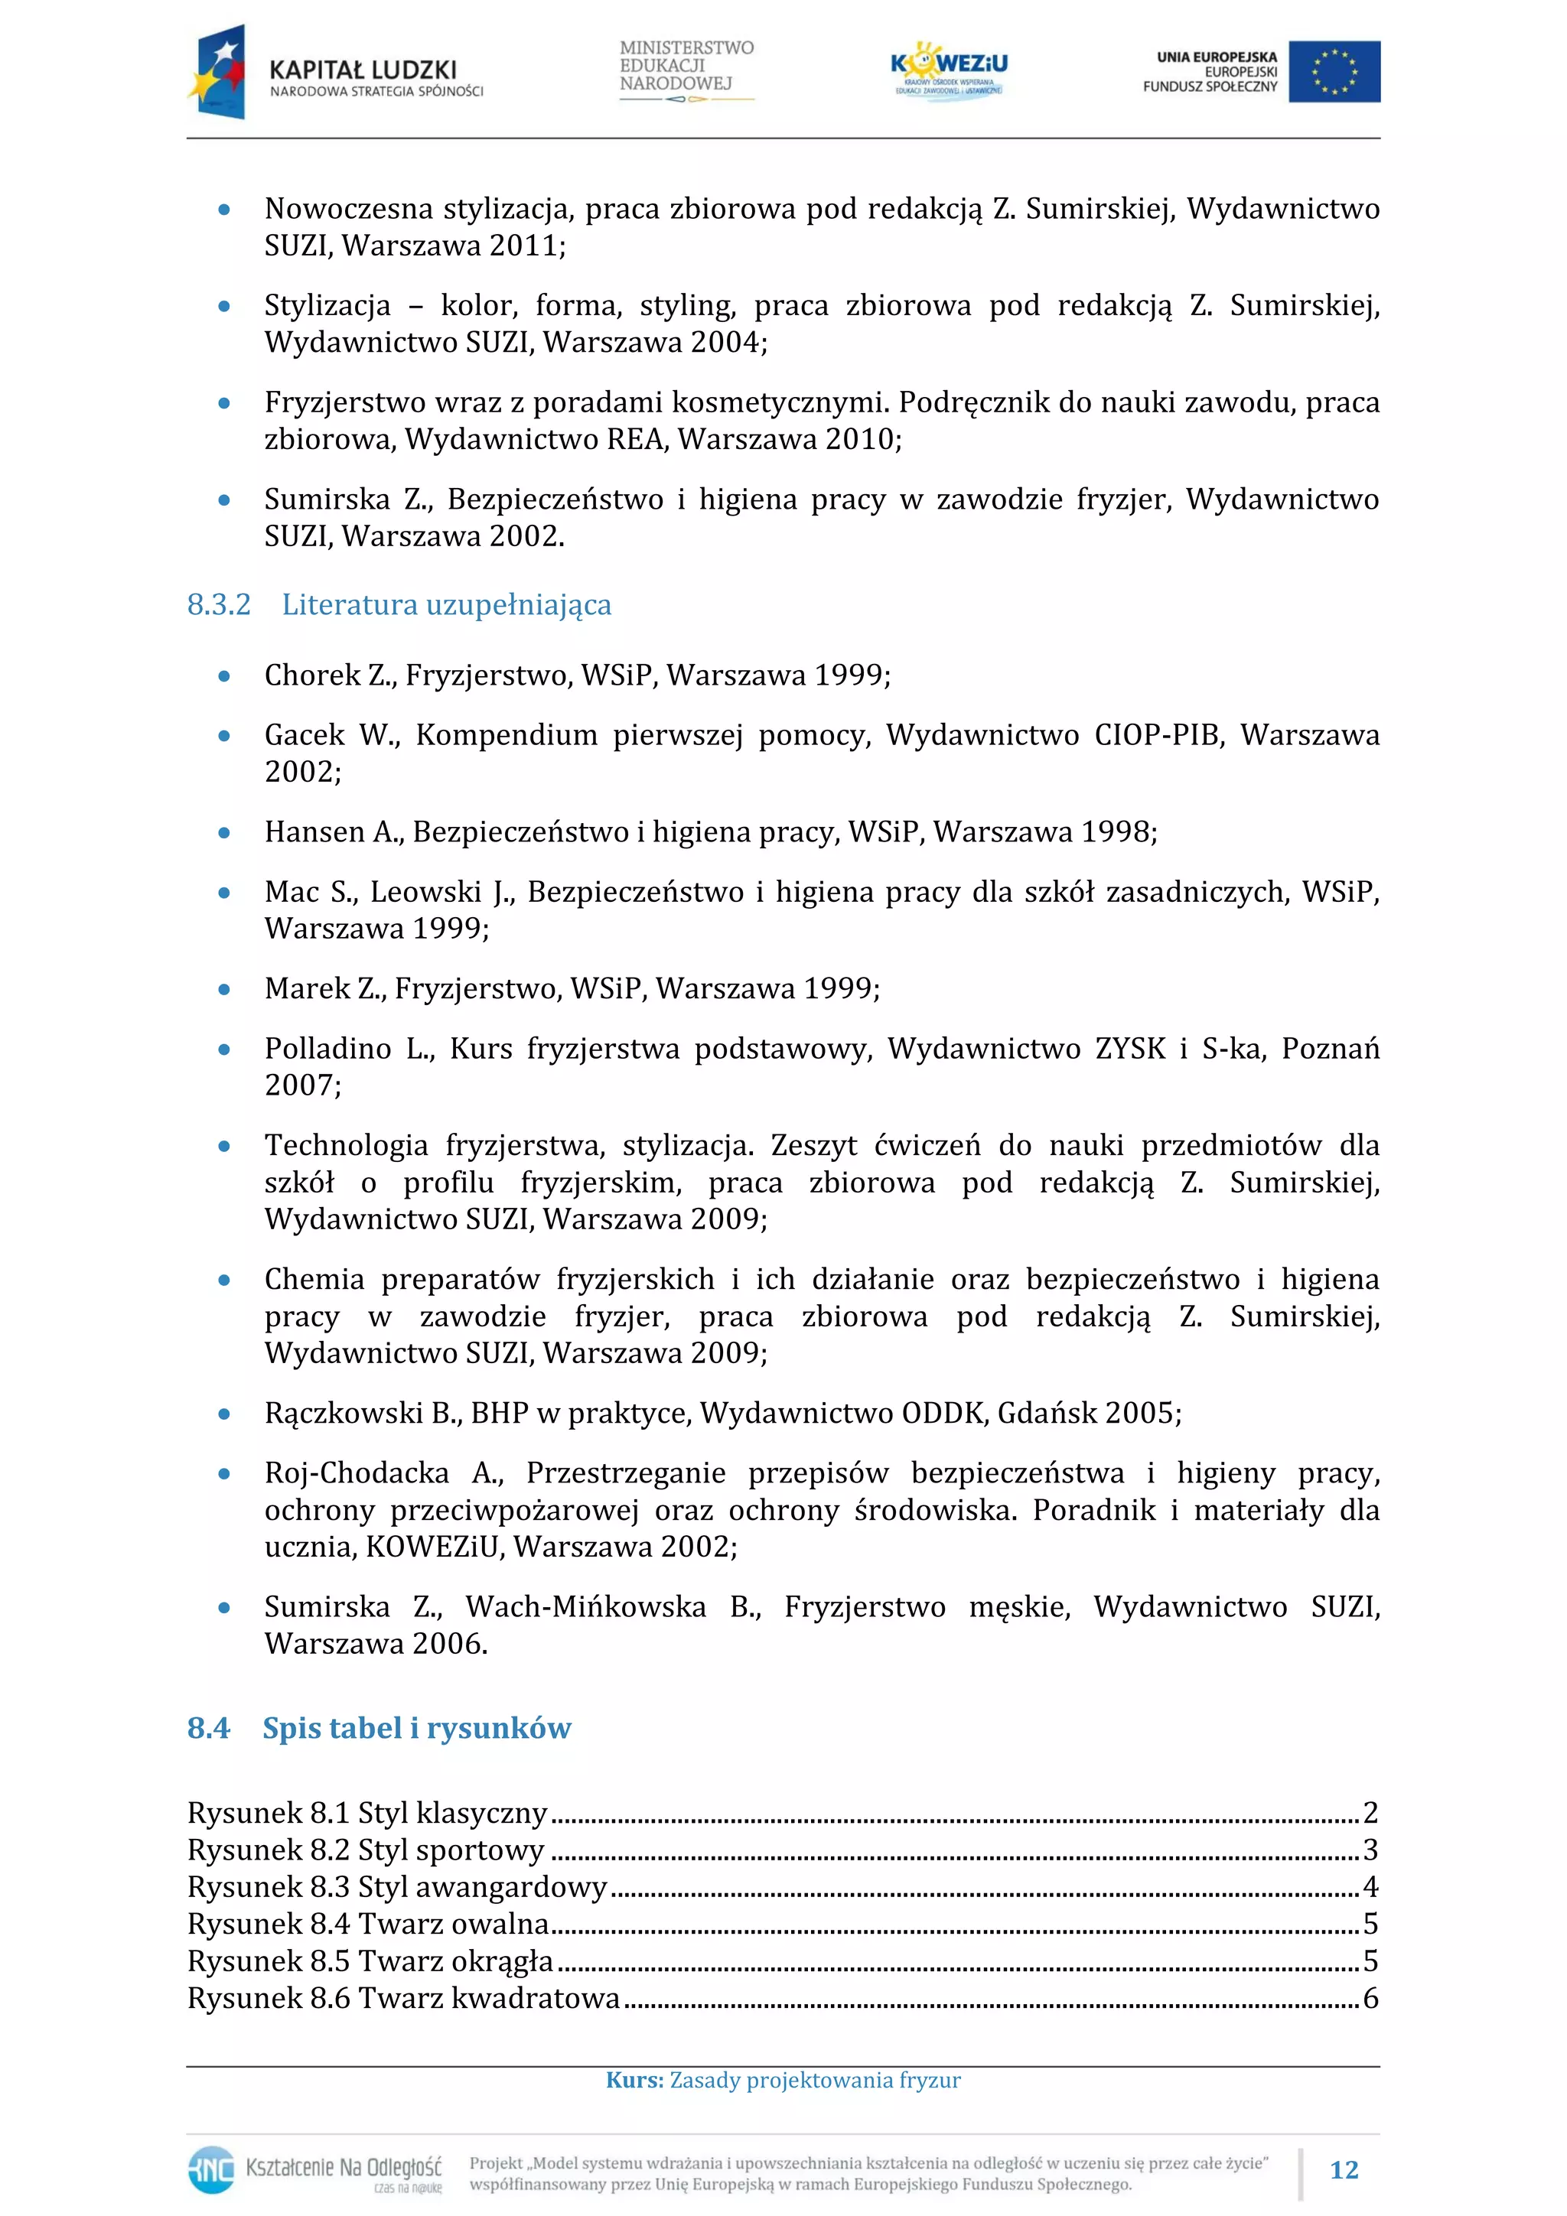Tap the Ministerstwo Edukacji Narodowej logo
point(686,70)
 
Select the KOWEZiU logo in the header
point(949,70)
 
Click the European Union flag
point(1334,71)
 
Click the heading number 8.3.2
point(218,605)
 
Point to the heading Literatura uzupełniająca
point(446,605)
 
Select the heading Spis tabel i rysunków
point(416,1728)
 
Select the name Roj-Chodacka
point(357,1472)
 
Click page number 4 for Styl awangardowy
point(1370,1887)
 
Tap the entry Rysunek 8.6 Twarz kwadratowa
point(403,1998)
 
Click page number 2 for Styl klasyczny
point(1370,1813)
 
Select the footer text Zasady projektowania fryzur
point(815,2080)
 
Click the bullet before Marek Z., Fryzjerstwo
point(224,989)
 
